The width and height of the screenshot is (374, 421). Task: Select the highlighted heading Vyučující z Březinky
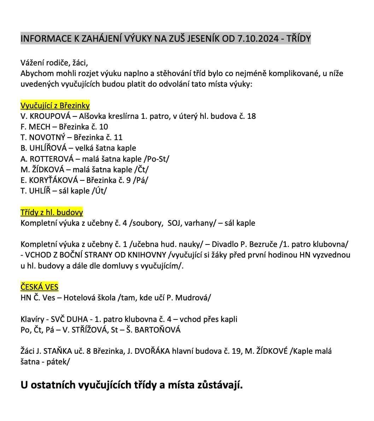tap(55, 105)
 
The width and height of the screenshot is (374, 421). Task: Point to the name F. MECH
tap(35, 127)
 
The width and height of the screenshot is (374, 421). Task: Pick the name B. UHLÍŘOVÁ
tap(44, 148)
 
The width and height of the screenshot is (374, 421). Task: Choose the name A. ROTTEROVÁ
tap(47, 158)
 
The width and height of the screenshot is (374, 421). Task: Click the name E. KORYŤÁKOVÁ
tap(51, 180)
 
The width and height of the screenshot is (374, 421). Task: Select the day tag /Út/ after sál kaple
tap(99, 191)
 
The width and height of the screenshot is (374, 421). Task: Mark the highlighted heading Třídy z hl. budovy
tap(52, 212)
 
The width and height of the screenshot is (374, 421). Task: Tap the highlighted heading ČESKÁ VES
tap(40, 287)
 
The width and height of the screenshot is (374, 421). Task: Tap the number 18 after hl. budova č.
tap(251, 116)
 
